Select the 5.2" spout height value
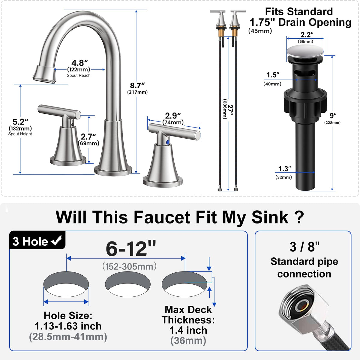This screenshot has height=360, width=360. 20,122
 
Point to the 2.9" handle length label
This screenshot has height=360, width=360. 173,116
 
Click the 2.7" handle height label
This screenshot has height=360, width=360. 88,137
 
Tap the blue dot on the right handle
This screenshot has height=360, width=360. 168,142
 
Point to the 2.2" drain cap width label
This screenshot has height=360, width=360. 307,35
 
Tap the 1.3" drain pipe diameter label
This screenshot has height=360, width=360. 284,169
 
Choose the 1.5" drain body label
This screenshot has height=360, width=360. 273,75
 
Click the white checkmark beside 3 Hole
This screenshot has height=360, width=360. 57,240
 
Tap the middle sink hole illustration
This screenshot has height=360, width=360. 128,284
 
